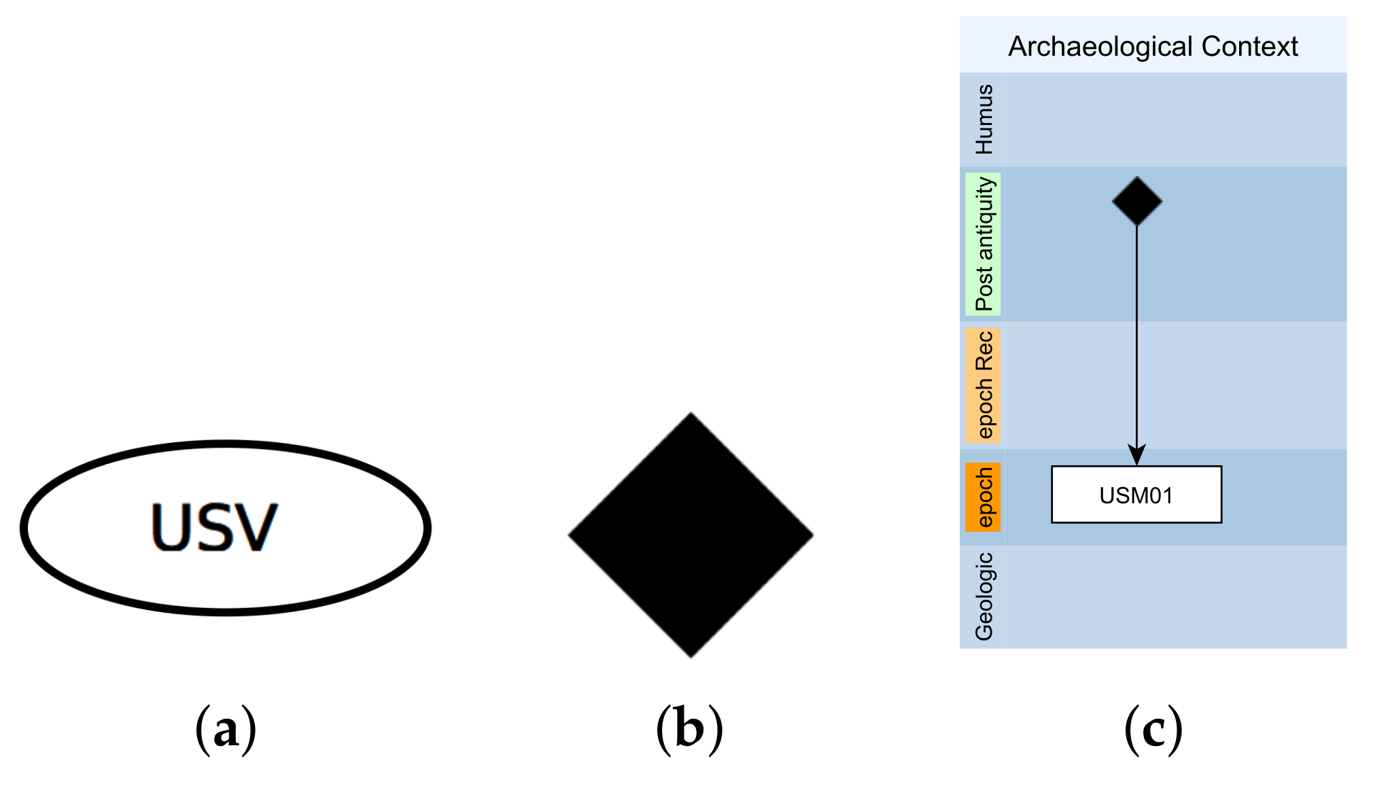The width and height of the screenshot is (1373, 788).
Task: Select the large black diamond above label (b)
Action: [x=691, y=535]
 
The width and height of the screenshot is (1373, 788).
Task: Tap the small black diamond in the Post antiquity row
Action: [x=1136, y=201]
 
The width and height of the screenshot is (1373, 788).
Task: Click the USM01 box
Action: [x=1136, y=495]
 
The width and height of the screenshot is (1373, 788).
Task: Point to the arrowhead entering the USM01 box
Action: [x=1136, y=455]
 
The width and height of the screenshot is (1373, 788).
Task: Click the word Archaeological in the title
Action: [x=1100, y=47]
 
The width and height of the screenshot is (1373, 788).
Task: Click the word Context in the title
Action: [x=1249, y=47]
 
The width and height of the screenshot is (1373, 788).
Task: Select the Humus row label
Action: [x=984, y=120]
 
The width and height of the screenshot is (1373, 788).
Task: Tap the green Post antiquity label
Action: [x=984, y=244]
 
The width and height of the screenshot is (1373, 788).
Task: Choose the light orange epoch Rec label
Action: [x=984, y=384]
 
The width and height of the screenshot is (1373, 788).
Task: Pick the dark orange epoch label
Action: [x=984, y=497]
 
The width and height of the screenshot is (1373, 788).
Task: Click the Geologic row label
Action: [x=984, y=596]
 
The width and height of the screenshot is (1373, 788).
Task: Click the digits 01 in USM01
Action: [x=1162, y=496]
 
